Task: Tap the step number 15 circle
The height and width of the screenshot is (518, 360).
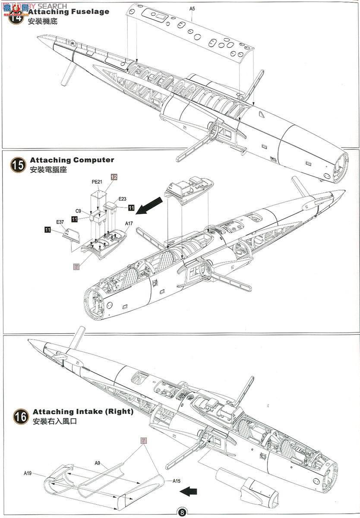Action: tap(18, 165)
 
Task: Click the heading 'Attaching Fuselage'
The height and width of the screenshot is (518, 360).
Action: tap(69, 12)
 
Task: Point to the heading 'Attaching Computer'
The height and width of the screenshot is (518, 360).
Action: tap(72, 160)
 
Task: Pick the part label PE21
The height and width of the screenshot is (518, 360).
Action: tap(97, 182)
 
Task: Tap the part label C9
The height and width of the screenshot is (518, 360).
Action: tap(79, 211)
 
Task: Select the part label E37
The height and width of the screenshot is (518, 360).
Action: tap(60, 222)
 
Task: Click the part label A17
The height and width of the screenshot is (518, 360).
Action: tap(129, 224)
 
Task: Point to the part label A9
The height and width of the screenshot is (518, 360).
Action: tap(98, 463)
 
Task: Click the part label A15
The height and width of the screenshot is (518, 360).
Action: tap(176, 481)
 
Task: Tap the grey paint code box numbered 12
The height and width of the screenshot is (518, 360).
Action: tap(114, 177)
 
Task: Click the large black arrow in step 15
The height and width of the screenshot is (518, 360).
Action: tap(149, 205)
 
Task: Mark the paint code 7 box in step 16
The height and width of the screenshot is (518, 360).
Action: tap(144, 440)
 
